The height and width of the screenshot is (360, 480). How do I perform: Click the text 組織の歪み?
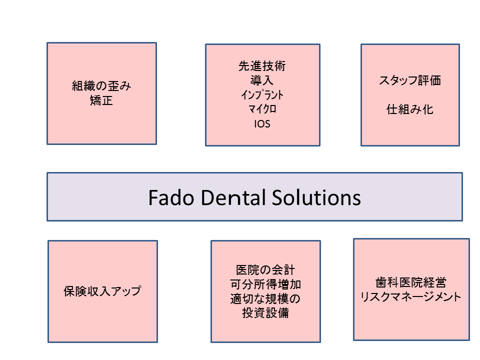(x=101, y=86)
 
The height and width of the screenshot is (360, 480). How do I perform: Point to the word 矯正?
(x=101, y=101)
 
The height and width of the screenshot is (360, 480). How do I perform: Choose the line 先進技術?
(x=262, y=65)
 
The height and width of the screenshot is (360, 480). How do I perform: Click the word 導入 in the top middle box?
(x=262, y=80)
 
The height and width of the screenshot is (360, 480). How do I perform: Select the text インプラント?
(x=262, y=94)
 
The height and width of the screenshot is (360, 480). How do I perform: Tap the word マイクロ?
(x=262, y=109)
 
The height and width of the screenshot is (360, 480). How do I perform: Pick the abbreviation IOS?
(x=262, y=123)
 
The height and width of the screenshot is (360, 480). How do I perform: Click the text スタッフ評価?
(x=410, y=80)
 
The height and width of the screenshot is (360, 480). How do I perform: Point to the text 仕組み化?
(x=410, y=109)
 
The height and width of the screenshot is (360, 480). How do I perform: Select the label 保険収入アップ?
(x=102, y=291)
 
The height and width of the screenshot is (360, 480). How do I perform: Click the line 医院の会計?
(x=265, y=270)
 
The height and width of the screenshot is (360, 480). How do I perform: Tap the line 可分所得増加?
(x=265, y=284)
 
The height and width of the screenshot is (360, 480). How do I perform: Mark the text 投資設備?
(x=265, y=313)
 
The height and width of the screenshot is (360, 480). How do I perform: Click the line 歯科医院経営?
(x=410, y=282)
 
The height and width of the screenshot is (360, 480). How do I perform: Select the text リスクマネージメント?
(x=410, y=296)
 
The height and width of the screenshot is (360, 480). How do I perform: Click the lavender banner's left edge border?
(x=47, y=196)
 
